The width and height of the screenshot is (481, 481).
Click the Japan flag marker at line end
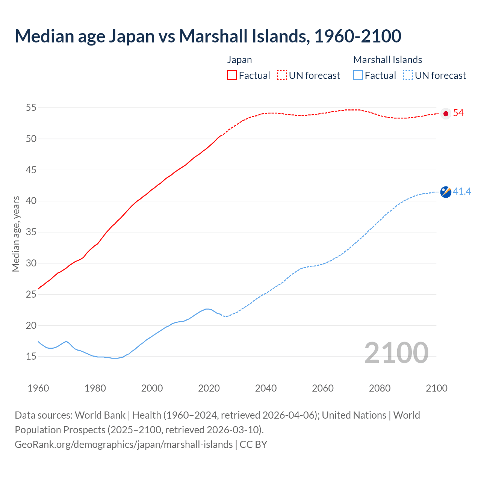point(446,113)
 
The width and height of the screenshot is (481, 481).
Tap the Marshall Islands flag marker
point(446,192)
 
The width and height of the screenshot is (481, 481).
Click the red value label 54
point(458,113)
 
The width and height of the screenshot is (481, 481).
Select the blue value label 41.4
point(462,192)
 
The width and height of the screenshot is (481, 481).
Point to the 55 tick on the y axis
point(31,108)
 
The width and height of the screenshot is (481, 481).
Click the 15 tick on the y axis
point(31,356)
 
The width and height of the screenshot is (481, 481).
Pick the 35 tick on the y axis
point(31,232)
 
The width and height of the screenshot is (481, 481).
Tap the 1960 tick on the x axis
point(38,388)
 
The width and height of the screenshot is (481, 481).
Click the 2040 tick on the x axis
point(266,388)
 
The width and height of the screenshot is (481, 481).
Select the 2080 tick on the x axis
point(380,388)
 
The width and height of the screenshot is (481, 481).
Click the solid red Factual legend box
point(232,75)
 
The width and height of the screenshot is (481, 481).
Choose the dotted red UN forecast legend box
point(282,75)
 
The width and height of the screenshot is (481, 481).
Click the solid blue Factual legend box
point(358,75)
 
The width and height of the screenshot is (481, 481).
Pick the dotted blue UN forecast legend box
point(408,75)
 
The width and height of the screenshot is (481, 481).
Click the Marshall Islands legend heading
point(387,60)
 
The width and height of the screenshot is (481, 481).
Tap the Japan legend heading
point(239,60)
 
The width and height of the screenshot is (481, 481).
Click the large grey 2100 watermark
point(396,352)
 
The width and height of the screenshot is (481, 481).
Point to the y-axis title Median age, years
point(16,234)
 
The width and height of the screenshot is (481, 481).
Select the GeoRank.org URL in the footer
point(124,445)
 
